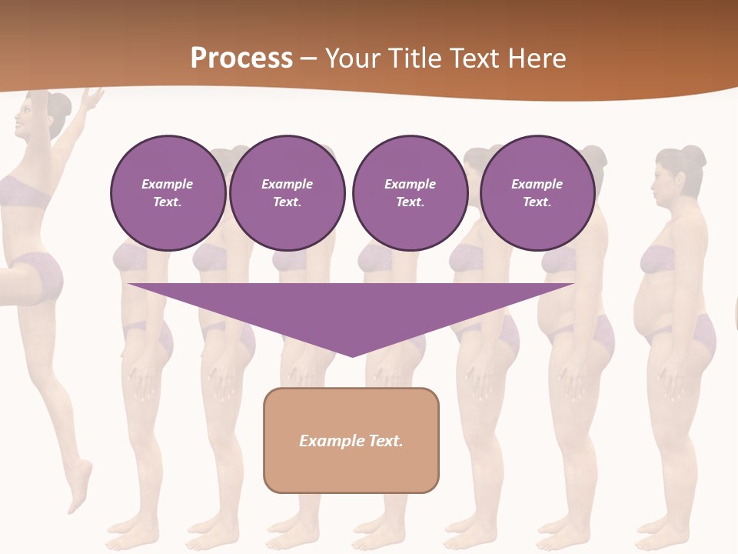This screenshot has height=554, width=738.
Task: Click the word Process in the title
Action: tap(241, 58)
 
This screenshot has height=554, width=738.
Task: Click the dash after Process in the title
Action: tap(309, 59)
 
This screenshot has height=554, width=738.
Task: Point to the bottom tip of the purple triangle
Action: tap(352, 355)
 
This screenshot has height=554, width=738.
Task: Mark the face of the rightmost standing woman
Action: tap(663, 185)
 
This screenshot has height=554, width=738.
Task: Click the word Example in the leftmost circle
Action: tap(167, 184)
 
